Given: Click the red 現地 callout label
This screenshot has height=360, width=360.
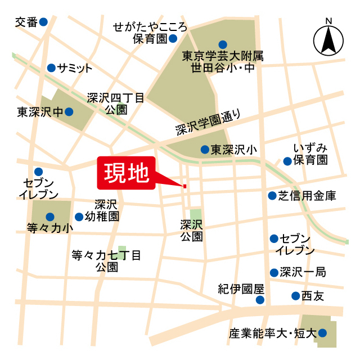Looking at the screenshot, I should click(126, 172).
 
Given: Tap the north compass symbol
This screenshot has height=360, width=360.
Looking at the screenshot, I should click(329, 39).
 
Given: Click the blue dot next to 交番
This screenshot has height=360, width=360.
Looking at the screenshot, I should click(43, 22).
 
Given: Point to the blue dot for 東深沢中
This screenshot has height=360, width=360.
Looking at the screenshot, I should click(69, 111).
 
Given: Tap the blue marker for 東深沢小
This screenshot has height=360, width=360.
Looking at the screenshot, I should click(205, 150).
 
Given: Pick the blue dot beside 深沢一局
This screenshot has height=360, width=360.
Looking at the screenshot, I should click(274, 272).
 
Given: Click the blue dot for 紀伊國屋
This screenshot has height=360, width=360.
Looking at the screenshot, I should click(260, 300).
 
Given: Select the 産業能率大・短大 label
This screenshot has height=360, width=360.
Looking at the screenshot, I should click(272, 333).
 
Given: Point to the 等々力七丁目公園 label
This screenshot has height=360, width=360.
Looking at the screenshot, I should click(106, 261).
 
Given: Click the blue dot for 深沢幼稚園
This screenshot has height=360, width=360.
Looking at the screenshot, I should click(79, 217).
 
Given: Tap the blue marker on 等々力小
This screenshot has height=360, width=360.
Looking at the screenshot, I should click(50, 217).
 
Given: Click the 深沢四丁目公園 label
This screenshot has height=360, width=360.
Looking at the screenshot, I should click(116, 103).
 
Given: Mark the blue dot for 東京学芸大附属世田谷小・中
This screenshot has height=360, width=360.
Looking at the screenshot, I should click(223, 44).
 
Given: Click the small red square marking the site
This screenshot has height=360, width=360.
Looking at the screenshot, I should click(184, 186).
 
